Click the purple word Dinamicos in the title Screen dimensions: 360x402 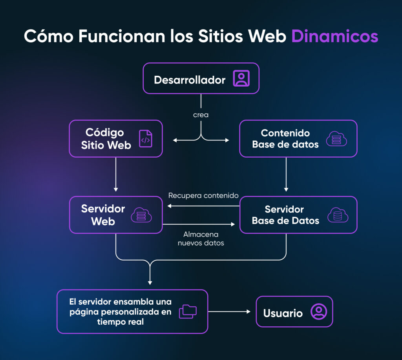[334, 36]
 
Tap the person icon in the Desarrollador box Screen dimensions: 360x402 [241, 78]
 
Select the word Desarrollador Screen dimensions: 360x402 [190, 80]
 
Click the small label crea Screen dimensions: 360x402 [201, 115]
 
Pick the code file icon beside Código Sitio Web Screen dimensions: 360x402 [146, 139]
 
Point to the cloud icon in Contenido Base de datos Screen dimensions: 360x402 [336, 139]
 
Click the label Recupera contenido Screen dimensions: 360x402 [203, 195]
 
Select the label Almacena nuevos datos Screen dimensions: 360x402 [201, 239]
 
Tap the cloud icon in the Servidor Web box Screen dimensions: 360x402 [141, 215]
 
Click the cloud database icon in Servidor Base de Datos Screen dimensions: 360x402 [337, 215]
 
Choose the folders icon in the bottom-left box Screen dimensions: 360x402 [188, 311]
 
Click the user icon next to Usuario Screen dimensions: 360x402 [318, 312]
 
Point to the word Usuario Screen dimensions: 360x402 [283, 313]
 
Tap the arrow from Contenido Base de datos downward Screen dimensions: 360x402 [286, 175]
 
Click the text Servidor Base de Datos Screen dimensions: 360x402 [285, 215]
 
